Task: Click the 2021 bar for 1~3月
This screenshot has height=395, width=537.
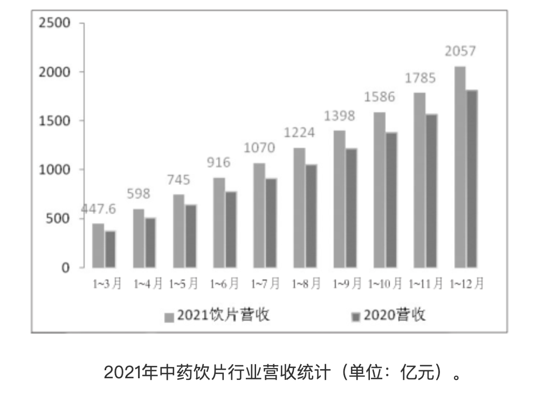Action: [x=98, y=246]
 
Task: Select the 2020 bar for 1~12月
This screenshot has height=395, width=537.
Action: [x=472, y=179]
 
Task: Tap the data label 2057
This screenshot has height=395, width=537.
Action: [x=460, y=52]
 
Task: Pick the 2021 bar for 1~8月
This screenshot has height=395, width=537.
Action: [x=299, y=208]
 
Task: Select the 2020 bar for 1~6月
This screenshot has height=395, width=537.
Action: [x=231, y=229]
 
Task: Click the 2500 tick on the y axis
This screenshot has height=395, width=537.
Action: [x=55, y=23]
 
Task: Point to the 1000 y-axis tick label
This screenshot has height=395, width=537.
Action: [x=55, y=169]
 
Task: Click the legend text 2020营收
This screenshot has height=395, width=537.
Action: [x=394, y=315]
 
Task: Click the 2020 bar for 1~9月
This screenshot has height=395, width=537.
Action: [x=352, y=208]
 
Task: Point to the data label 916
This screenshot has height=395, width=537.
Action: [x=218, y=162]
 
